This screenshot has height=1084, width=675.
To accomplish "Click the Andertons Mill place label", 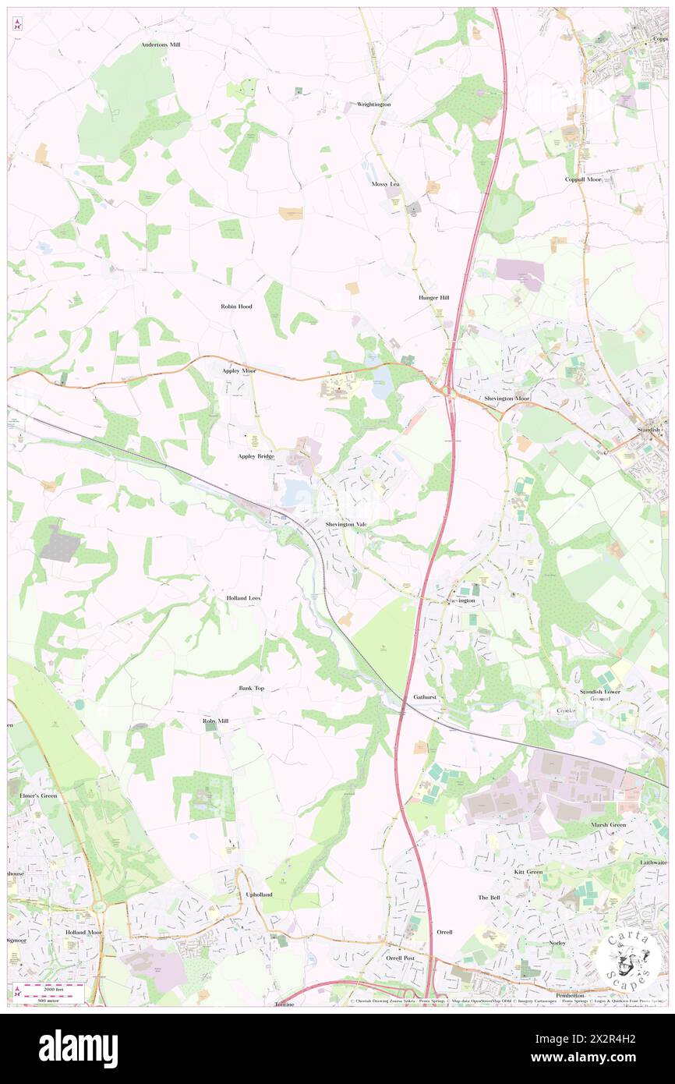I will [x=161, y=45].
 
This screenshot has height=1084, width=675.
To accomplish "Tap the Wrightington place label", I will [x=373, y=104].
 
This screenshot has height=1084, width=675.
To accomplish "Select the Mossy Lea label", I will [x=385, y=184].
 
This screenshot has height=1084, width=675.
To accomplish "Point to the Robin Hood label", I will [x=236, y=306].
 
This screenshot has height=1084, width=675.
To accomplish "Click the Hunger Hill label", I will [x=433, y=298].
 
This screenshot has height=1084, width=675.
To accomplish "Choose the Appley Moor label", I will [x=239, y=370].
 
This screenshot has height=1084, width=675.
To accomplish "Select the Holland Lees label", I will [x=243, y=597].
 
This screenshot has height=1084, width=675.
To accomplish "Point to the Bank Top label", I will [x=252, y=689].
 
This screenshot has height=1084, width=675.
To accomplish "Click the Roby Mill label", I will [x=216, y=721].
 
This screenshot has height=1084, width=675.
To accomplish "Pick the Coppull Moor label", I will [x=584, y=179].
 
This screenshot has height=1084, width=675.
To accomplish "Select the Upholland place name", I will [x=259, y=894].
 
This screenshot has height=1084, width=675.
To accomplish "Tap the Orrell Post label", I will [x=401, y=958].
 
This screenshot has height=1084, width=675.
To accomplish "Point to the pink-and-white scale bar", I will [x=53, y=990].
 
